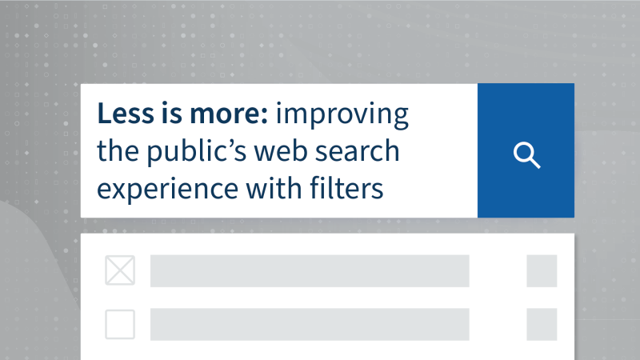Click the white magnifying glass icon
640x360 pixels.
(x=526, y=155)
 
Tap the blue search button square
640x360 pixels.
(x=526, y=150)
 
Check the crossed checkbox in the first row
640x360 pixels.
(x=120, y=271)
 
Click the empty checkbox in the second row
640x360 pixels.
(x=120, y=324)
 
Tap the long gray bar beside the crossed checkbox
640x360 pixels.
(x=309, y=271)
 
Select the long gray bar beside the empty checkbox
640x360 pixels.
(x=309, y=324)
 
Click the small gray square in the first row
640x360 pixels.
(x=542, y=271)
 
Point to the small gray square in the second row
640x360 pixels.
(x=542, y=324)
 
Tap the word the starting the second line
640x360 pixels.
(x=116, y=152)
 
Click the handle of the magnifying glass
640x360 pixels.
(x=535, y=163)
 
